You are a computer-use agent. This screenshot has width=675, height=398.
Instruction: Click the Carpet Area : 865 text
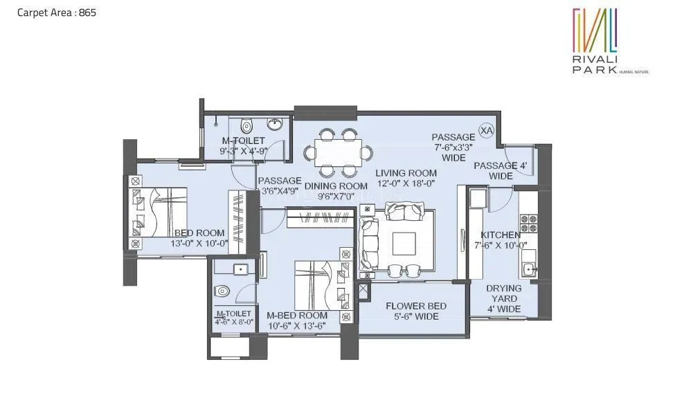click(51, 12)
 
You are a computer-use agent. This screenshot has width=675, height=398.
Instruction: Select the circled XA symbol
click(487, 130)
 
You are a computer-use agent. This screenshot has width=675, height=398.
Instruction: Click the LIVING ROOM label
click(406, 173)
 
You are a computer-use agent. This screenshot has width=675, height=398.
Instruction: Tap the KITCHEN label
click(501, 235)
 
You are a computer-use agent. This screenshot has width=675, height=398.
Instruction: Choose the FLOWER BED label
click(415, 306)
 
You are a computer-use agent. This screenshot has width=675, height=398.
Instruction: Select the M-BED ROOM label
click(297, 316)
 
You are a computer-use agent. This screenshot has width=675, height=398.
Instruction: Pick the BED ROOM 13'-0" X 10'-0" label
click(199, 239)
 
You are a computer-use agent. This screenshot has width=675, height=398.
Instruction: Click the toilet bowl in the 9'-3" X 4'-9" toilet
click(246, 126)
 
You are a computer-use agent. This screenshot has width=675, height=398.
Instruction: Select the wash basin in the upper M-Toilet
click(276, 125)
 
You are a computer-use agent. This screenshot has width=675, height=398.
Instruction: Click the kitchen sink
click(529, 269)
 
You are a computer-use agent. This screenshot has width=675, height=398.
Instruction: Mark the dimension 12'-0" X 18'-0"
click(406, 183)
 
